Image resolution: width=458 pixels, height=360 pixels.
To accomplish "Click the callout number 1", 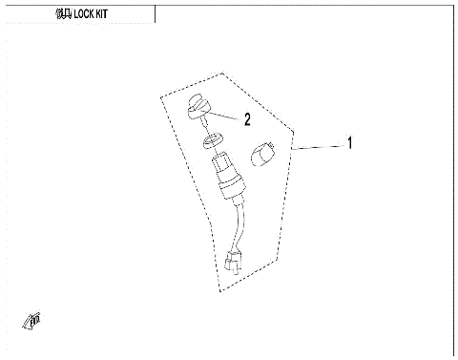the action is tap(349, 144).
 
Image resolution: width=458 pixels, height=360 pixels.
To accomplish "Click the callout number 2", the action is tap(247, 120).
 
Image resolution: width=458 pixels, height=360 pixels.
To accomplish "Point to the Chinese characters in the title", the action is tap(64, 16).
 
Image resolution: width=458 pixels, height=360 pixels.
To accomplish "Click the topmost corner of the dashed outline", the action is tap(223, 73).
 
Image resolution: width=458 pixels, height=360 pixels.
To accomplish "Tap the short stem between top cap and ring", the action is tap(203, 126).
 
